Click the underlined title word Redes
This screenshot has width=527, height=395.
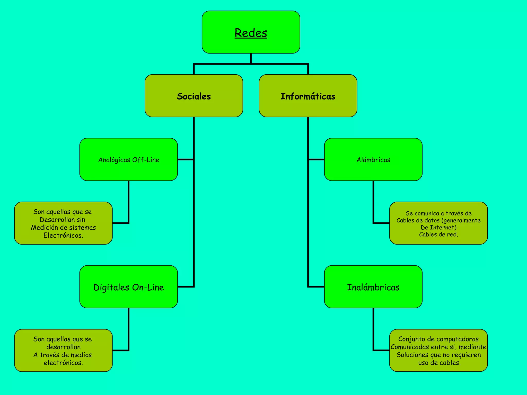tap(251, 33)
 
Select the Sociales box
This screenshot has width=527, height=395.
tap(194, 96)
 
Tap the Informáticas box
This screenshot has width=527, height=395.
tap(308, 96)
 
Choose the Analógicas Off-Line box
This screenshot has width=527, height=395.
tap(129, 160)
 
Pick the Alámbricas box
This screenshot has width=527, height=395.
tap(373, 160)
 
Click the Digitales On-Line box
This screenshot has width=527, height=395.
tap(129, 287)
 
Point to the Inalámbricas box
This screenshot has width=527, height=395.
tap(373, 287)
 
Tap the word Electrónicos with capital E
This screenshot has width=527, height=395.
tap(63, 235)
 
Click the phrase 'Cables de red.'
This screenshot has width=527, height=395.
tap(438, 234)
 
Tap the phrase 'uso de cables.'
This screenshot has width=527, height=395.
tap(439, 363)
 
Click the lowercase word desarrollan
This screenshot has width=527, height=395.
tap(63, 347)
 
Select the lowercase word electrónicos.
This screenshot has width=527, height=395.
tap(63, 363)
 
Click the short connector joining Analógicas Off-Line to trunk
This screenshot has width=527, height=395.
tap(186, 159)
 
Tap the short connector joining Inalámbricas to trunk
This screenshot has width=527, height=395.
tap(316, 286)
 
